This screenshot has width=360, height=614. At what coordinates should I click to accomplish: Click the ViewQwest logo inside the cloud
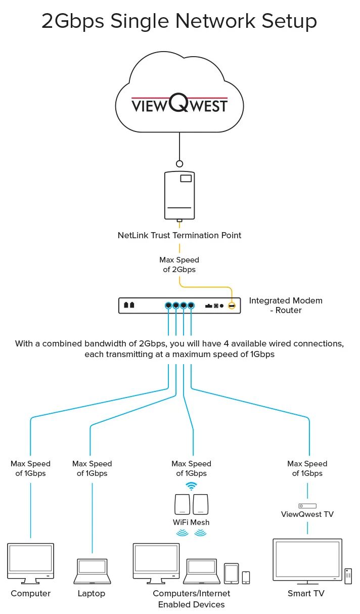[179, 105]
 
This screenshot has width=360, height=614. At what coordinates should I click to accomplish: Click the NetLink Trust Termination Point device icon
[179, 195]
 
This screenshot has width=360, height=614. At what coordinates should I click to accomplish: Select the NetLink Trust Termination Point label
[179, 235]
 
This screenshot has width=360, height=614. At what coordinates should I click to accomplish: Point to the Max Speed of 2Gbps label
[179, 265]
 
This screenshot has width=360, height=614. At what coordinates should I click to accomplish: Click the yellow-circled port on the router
[232, 306]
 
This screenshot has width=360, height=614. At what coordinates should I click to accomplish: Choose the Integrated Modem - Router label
[286, 305]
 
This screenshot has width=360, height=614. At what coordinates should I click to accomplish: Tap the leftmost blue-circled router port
[168, 306]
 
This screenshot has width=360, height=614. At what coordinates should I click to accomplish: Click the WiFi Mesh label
[191, 522]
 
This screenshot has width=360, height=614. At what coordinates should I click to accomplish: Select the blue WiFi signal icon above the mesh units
[191, 486]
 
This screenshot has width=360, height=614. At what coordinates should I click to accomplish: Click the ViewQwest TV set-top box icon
[307, 506]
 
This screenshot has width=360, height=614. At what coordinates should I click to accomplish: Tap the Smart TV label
[306, 593]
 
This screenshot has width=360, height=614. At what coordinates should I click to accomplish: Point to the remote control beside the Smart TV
[348, 576]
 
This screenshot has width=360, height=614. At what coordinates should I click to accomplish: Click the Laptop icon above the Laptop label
[92, 571]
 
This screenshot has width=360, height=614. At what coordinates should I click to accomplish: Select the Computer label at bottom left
[31, 593]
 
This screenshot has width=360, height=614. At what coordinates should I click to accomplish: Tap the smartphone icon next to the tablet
[246, 577]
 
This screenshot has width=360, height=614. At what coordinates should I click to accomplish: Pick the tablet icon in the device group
[231, 573]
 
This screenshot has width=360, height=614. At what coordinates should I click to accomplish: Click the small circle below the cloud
[179, 164]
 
